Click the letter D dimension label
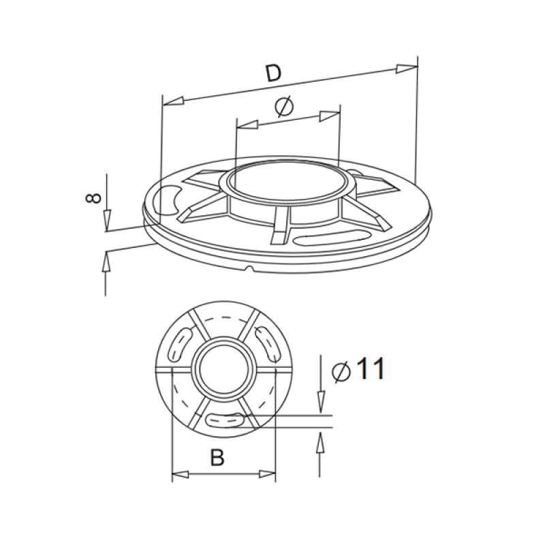[273, 73]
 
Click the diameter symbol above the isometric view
[284, 107]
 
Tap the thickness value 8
[95, 198]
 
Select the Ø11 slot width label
[358, 369]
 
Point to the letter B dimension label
[217, 458]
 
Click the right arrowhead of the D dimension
[407, 67]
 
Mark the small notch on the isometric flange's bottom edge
[250, 270]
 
